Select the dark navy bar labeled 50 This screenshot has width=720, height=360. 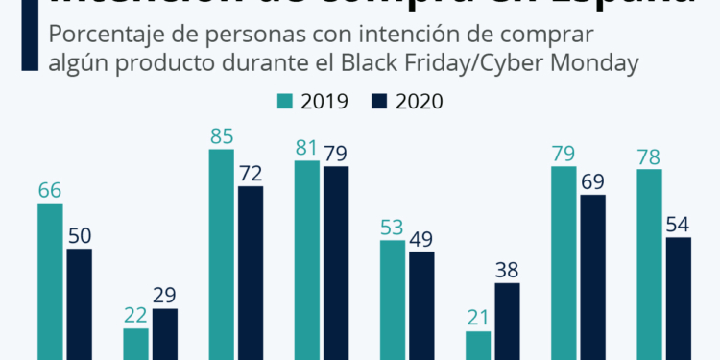[79, 303]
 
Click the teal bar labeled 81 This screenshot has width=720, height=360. [307, 259]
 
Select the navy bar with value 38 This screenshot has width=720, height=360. [507, 321]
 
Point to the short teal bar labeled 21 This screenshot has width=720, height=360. [478, 345]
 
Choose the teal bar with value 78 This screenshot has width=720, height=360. [650, 264]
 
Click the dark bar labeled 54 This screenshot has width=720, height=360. [679, 298]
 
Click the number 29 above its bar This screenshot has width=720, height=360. [164, 296]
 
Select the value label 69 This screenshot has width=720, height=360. [593, 180]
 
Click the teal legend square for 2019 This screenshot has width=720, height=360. [285, 101]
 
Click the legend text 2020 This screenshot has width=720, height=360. [418, 101]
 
